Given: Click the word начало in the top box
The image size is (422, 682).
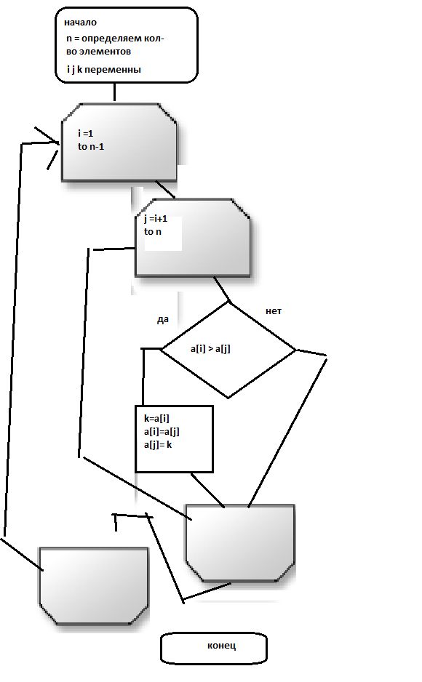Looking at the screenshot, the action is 81,23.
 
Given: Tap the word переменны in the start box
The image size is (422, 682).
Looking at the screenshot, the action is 113,70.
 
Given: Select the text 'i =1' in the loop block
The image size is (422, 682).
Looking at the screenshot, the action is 86,134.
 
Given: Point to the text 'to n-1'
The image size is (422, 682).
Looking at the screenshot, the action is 91,147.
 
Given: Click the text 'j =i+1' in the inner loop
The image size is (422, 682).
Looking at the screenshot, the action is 156,218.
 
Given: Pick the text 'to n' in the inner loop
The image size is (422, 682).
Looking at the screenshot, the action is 153,231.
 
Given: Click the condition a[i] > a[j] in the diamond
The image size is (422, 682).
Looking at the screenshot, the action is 210,348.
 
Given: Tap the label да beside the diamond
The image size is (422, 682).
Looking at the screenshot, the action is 163,320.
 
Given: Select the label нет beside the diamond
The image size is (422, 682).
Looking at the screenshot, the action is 274,311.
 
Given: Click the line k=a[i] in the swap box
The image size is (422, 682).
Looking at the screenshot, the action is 156,418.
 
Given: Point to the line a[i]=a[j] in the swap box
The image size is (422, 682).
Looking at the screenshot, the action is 162,431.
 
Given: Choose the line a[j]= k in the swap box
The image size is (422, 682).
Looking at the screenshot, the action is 158,444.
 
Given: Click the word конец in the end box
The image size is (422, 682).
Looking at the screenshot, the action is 221,646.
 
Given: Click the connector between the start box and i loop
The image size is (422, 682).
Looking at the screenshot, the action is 114,92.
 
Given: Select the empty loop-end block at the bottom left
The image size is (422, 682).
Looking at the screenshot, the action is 94,585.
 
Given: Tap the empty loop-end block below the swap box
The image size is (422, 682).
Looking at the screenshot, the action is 240,543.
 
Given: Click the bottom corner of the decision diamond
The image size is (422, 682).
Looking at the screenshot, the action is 228,398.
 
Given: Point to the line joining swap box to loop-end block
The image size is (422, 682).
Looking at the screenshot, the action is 208,490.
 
